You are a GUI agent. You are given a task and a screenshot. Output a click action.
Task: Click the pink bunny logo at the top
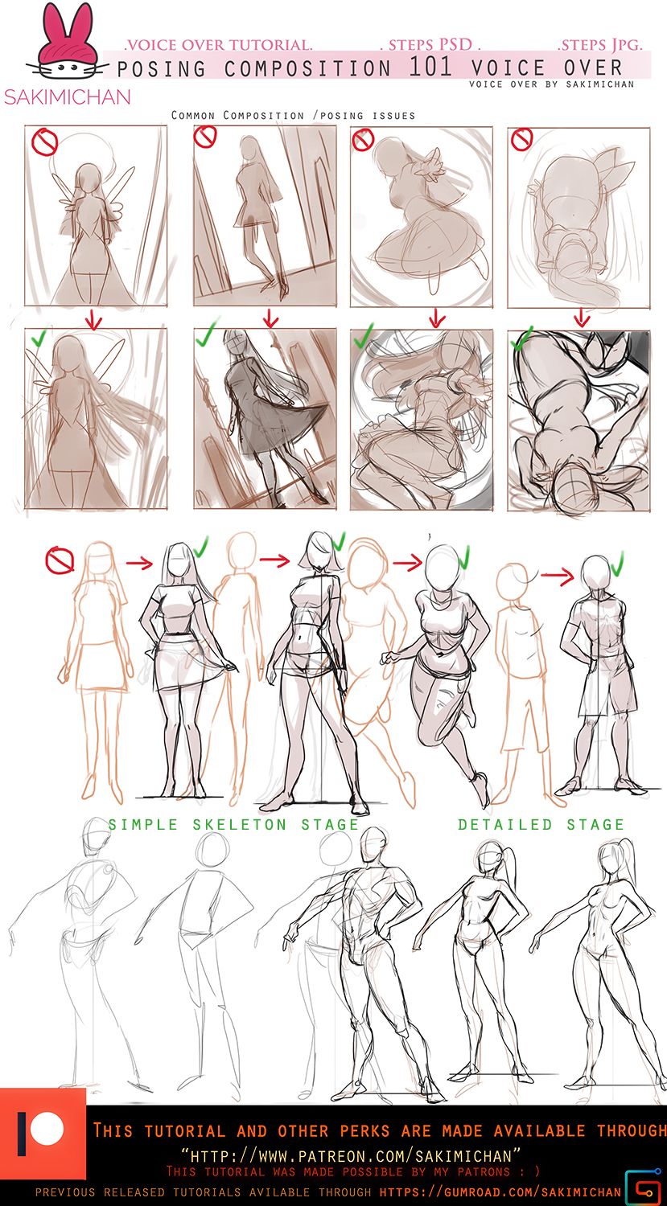(68, 45)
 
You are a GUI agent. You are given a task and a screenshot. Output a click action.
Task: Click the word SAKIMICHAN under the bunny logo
(68, 97)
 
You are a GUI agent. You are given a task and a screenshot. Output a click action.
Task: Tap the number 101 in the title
(430, 67)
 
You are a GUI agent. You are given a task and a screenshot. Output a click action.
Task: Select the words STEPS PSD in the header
(430, 44)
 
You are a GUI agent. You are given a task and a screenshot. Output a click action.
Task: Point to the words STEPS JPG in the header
(601, 44)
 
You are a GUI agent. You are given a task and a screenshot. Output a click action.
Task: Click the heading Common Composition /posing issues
(293, 115)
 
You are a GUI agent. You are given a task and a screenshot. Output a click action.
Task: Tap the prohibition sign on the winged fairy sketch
(45, 142)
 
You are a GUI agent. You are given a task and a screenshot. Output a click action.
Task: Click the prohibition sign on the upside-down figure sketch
(521, 139)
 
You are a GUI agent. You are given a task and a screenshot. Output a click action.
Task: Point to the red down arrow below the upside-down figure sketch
(582, 317)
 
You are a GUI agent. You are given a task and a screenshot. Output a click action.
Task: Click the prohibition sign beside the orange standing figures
(60, 560)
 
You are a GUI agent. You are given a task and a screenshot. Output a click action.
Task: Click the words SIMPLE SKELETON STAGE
(234, 825)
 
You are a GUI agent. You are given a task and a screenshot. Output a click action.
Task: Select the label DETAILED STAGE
(541, 825)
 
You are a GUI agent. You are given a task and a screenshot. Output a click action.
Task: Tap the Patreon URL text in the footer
(351, 1156)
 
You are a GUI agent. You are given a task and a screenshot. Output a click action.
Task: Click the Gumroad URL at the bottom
(500, 1192)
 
